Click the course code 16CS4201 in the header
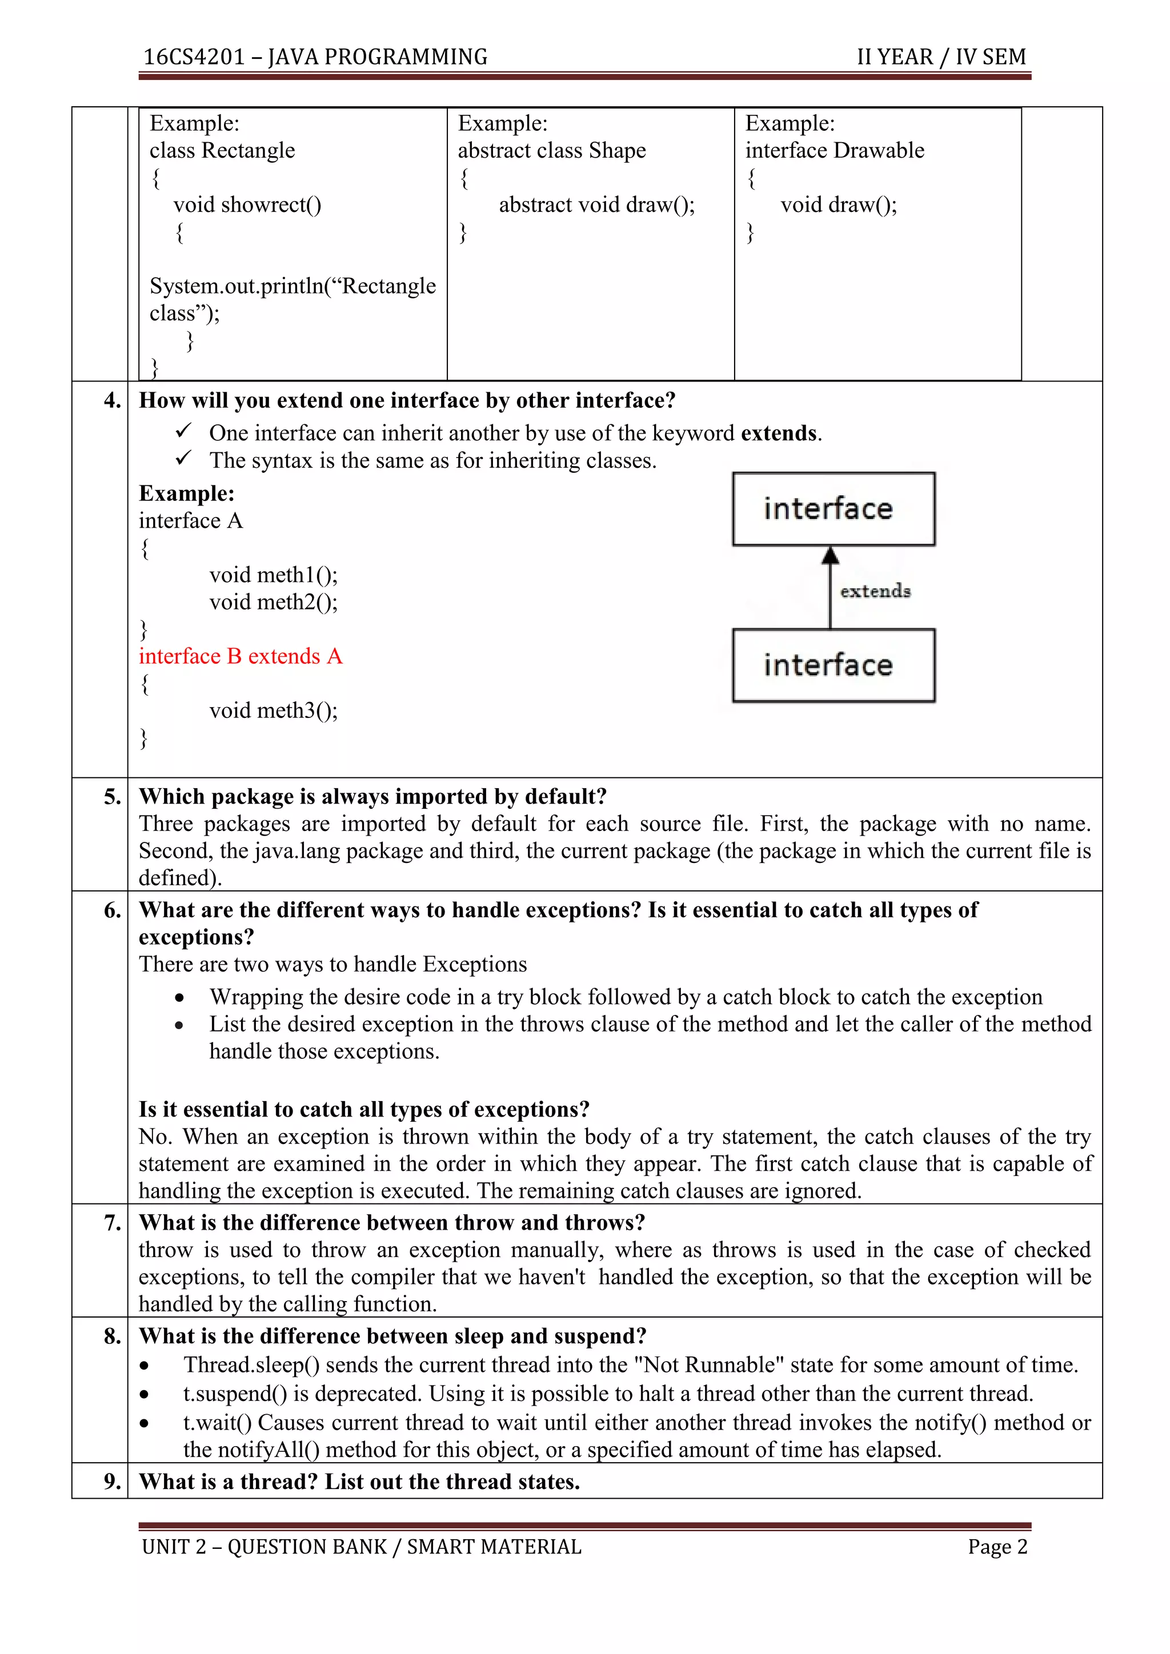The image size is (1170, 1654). tap(194, 57)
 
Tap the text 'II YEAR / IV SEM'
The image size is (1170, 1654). tap(941, 57)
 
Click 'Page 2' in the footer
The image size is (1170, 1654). tap(997, 1547)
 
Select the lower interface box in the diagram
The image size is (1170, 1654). tap(834, 665)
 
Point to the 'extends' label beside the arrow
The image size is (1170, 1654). tap(875, 592)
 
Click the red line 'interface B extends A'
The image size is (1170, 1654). tap(241, 656)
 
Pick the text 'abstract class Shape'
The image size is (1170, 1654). tap(552, 151)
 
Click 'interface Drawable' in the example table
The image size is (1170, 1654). tap(834, 151)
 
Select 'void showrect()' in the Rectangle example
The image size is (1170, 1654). tap(247, 205)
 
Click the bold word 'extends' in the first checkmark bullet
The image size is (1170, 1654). tap(779, 433)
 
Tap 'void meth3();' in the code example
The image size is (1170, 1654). tap(273, 711)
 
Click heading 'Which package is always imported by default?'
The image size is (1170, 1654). tap(372, 797)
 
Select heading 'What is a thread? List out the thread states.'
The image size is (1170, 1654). tap(359, 1482)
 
